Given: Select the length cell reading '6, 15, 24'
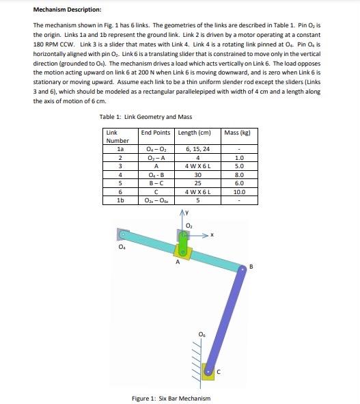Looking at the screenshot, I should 197,148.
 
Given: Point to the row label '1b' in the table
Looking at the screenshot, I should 121,201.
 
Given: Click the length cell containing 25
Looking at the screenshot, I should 197,183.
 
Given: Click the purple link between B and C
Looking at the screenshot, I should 229,318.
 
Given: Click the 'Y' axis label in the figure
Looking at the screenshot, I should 186,211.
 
